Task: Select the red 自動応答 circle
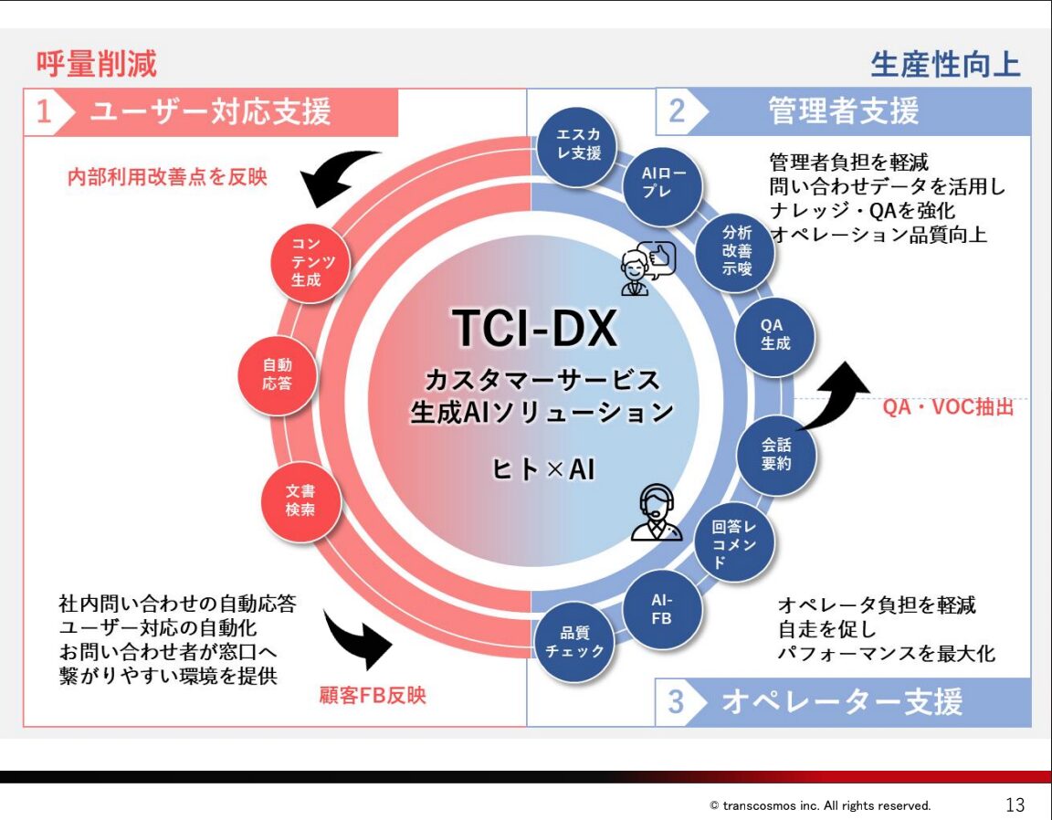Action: (278, 375)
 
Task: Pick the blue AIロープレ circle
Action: (662, 185)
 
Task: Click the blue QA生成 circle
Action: (775, 334)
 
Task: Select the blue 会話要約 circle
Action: (776, 454)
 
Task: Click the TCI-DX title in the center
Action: (535, 329)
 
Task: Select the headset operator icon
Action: (656, 513)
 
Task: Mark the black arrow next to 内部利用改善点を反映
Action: (339, 178)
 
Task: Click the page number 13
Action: (1015, 805)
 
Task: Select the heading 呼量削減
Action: (97, 64)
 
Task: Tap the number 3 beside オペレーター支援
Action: (675, 702)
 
